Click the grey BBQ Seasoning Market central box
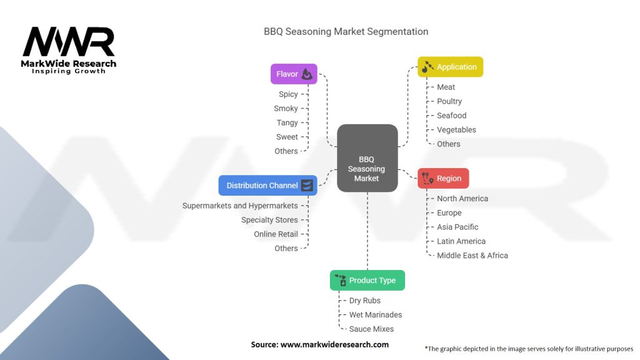pos(367,157)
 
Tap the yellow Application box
pos(450,67)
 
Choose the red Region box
pos(443,178)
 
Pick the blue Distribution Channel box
pos(267,185)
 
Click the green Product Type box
pos(367,280)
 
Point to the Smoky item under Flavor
pos(286,108)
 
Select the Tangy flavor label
pos(287,122)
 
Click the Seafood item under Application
pos(451,115)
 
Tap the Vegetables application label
pos(456,129)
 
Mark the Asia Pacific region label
pos(457,227)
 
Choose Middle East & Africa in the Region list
pos(472,255)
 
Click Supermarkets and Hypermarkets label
pos(240,205)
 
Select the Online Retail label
pos(276,234)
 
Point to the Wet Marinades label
pos(375,314)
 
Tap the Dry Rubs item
pos(364,300)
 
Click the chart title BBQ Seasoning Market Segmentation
pos(346,31)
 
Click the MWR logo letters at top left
pos(69,42)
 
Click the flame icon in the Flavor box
pos(307,74)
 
